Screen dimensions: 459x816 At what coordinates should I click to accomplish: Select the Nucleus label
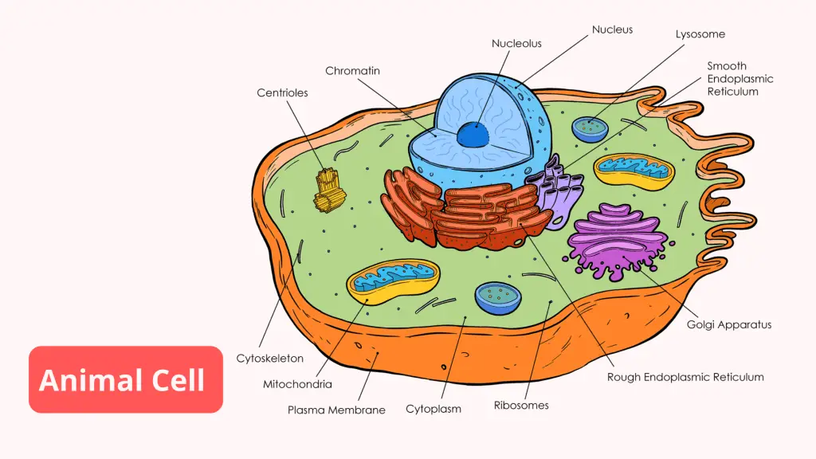tap(612, 29)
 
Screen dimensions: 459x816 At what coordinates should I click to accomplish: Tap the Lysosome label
tap(700, 34)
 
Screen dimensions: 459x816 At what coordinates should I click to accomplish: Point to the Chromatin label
tap(352, 71)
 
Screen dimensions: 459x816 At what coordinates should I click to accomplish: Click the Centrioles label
tap(282, 92)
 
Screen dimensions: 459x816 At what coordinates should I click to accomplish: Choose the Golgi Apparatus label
tap(729, 324)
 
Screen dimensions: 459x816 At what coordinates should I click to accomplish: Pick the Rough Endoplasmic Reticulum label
tap(685, 377)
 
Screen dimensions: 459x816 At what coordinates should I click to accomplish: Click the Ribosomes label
tap(521, 405)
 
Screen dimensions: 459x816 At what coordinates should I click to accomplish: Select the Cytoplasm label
tap(433, 409)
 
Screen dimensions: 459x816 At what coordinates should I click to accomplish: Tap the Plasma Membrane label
tap(336, 410)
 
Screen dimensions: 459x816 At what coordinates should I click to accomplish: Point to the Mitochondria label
tap(297, 384)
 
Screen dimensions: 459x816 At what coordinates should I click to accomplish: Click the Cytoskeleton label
tap(270, 359)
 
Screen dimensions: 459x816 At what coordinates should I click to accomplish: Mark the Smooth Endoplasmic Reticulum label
tap(740, 79)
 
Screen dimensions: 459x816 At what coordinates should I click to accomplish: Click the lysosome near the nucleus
tap(590, 128)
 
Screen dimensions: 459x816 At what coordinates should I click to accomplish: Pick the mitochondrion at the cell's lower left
tap(393, 281)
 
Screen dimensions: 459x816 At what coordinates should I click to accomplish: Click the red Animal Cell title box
tap(126, 379)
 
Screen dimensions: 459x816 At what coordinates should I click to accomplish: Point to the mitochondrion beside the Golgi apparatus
tap(634, 169)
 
